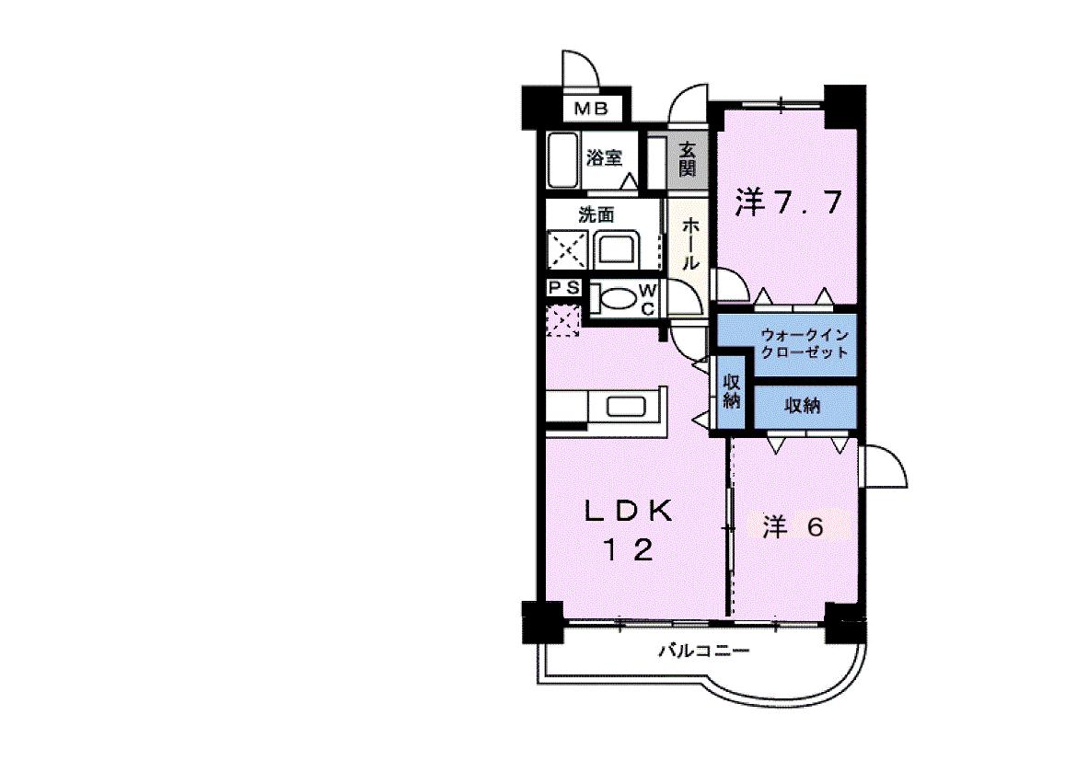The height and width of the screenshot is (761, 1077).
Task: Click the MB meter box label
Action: (x=591, y=109)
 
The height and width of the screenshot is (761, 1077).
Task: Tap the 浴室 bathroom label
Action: (x=605, y=158)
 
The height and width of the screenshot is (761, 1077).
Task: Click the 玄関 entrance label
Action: (x=688, y=159)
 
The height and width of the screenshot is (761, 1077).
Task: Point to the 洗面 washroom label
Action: (x=596, y=215)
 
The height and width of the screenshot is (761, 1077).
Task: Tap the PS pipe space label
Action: (x=564, y=288)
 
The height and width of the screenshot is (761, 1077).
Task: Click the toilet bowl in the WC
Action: (x=616, y=299)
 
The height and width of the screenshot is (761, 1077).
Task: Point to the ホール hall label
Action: (x=691, y=244)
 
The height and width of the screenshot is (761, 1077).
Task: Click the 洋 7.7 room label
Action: (x=789, y=202)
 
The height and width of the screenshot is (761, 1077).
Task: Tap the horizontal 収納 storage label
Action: (x=803, y=406)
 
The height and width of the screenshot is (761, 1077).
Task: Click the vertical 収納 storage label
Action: (x=732, y=392)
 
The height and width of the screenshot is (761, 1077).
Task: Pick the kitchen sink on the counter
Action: (x=627, y=407)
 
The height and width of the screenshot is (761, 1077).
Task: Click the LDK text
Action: (x=629, y=512)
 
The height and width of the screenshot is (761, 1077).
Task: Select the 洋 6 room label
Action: (x=793, y=526)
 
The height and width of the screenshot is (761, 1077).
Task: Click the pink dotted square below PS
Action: (x=562, y=321)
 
